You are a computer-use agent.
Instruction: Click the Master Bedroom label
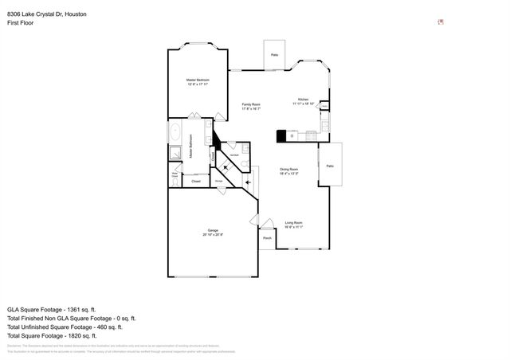click(198, 82)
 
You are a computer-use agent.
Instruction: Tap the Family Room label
click(253, 107)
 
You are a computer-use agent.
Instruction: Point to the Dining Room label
click(288, 170)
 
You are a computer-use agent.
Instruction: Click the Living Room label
click(293, 225)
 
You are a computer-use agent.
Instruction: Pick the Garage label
click(212, 232)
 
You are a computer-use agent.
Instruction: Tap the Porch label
click(267, 238)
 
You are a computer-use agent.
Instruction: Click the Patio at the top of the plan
click(274, 55)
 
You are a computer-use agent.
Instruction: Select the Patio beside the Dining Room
click(330, 165)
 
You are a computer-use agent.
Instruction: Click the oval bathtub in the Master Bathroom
click(175, 132)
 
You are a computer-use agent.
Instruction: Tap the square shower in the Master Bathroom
click(175, 153)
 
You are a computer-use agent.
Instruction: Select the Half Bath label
click(235, 154)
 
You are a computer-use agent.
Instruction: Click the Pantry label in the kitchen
click(324, 105)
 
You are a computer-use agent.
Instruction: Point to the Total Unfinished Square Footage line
click(65, 327)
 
